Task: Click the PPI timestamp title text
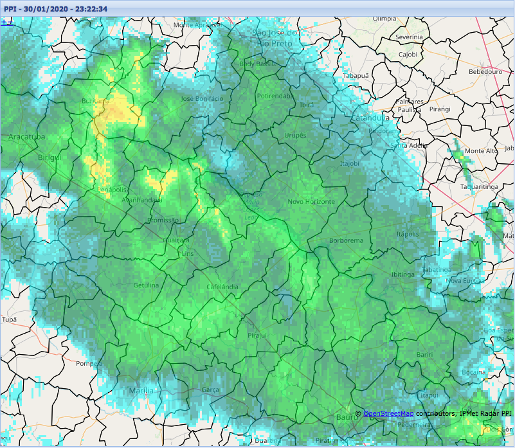pyautogui.click(x=56, y=9)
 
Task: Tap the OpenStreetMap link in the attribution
pyautogui.click(x=388, y=413)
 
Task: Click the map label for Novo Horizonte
pyautogui.click(x=311, y=202)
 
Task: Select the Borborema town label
pyautogui.click(x=346, y=241)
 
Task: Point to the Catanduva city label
pyautogui.click(x=370, y=118)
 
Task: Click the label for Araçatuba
pyautogui.click(x=27, y=138)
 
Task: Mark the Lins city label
pyautogui.click(x=188, y=254)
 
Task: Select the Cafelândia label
pyautogui.click(x=222, y=287)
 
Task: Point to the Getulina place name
pyautogui.click(x=146, y=285)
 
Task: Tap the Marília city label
pyautogui.click(x=141, y=391)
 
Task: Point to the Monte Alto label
pyautogui.click(x=481, y=150)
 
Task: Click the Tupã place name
pyautogui.click(x=9, y=319)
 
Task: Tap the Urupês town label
pyautogui.click(x=296, y=136)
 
